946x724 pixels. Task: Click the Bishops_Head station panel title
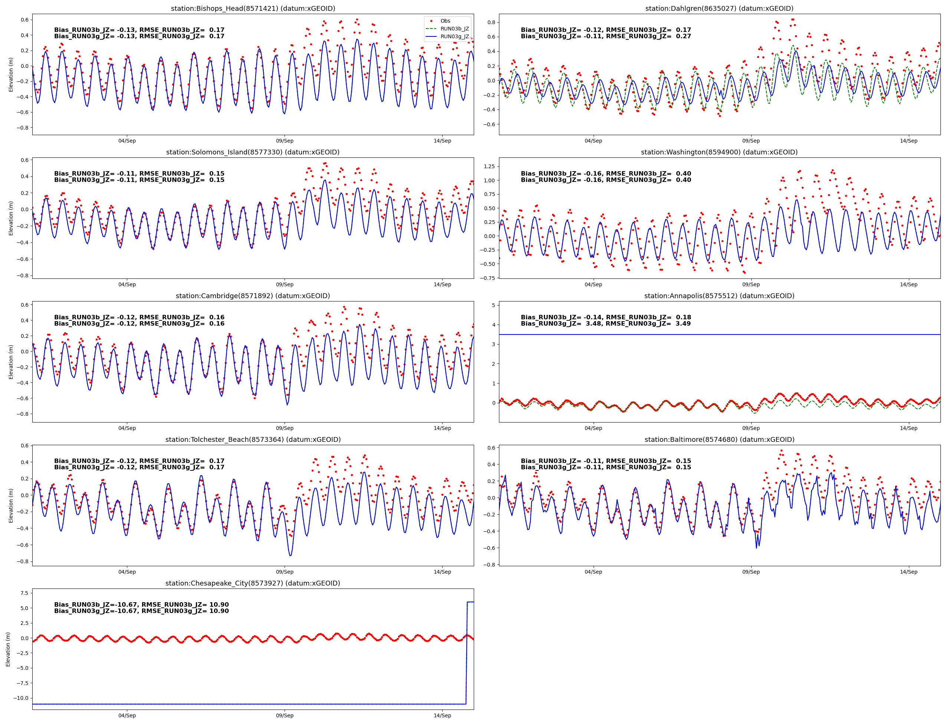253,9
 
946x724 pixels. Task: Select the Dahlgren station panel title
719,9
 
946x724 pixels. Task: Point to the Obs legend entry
445,21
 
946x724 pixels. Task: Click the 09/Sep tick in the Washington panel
750,284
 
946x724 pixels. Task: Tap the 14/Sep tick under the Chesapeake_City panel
442,715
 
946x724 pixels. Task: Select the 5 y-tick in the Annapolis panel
493,305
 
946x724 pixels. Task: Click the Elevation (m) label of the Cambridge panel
11,362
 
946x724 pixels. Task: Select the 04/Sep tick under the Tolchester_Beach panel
127,572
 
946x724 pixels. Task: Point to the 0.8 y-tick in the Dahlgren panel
491,22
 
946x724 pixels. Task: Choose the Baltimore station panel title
719,440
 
